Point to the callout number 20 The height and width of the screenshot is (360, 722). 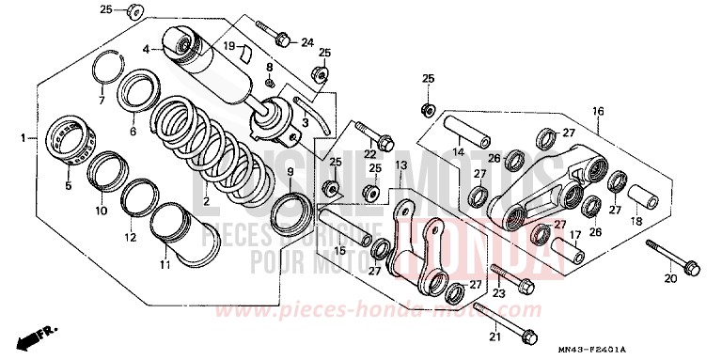point(669,278)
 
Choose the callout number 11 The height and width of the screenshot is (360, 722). point(165,266)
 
